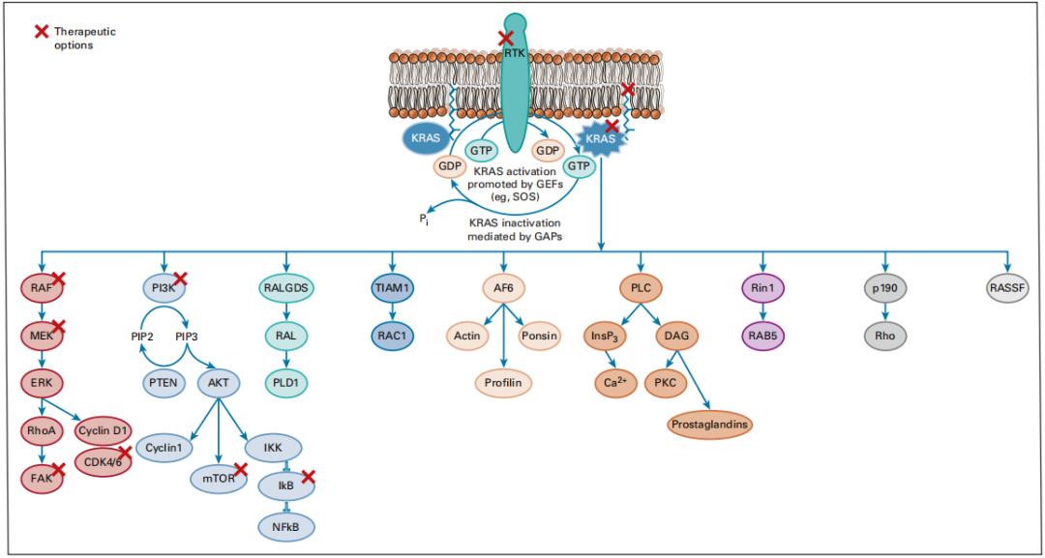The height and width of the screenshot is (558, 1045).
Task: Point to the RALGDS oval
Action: [287, 287]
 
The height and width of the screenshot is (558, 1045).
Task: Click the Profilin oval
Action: [503, 383]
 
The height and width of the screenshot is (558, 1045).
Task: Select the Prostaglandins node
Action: [709, 424]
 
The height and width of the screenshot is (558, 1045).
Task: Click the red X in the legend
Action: [42, 32]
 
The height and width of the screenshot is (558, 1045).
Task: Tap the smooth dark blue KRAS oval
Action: [427, 138]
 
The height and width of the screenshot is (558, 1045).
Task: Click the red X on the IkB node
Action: [309, 476]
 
